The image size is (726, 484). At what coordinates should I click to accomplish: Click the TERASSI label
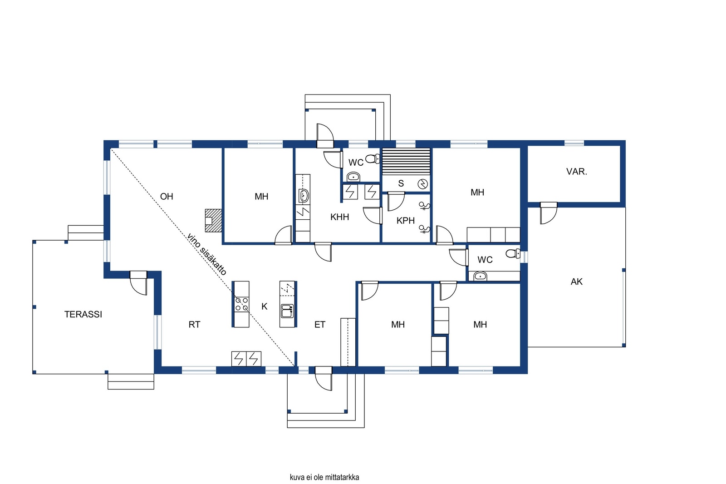coord(83,314)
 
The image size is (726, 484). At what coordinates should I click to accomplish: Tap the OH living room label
coord(167,196)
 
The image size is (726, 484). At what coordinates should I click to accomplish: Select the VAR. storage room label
coord(577,172)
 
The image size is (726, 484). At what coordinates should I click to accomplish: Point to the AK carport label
coord(577,282)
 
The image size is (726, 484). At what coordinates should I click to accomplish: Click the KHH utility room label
coord(340,217)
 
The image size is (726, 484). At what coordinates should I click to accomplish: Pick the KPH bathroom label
coord(406,221)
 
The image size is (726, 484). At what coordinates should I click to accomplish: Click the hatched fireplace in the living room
coord(214,220)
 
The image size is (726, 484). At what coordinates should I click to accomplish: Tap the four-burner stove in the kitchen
coord(241,304)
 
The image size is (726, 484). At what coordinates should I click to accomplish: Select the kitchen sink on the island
coord(288,311)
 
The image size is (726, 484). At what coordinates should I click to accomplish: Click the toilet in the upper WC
coord(373,158)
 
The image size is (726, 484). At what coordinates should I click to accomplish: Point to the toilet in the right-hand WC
coord(513,253)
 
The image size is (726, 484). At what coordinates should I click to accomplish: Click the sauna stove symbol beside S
coord(422,184)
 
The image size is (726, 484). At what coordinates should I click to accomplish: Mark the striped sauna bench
coord(407,161)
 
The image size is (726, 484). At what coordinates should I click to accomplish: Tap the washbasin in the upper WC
coord(353,177)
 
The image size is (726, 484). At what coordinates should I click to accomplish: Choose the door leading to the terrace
coord(138,283)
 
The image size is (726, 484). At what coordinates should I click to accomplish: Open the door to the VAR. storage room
coord(549,213)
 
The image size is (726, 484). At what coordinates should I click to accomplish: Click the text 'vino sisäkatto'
coord(206,255)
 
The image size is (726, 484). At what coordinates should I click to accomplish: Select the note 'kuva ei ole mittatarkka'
coord(324,477)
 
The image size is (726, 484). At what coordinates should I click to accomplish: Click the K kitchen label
coord(265,306)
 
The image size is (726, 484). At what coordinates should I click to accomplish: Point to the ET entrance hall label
coord(320,324)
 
